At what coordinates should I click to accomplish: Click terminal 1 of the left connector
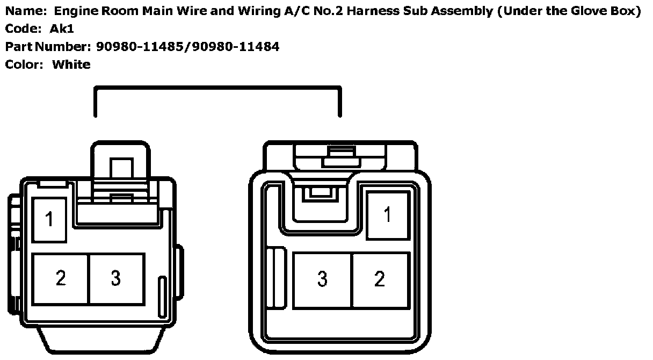(49, 220)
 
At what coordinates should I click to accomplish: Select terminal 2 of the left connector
(60, 279)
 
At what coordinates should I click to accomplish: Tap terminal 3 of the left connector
(117, 279)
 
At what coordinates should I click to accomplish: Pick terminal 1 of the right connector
(388, 215)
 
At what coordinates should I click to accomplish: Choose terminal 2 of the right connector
(380, 280)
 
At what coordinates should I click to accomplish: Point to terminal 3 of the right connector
(322, 280)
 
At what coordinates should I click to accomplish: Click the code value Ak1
(62, 28)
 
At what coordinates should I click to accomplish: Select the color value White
(71, 64)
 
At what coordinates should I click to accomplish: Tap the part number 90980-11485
(140, 47)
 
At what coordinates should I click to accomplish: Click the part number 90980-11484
(236, 47)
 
